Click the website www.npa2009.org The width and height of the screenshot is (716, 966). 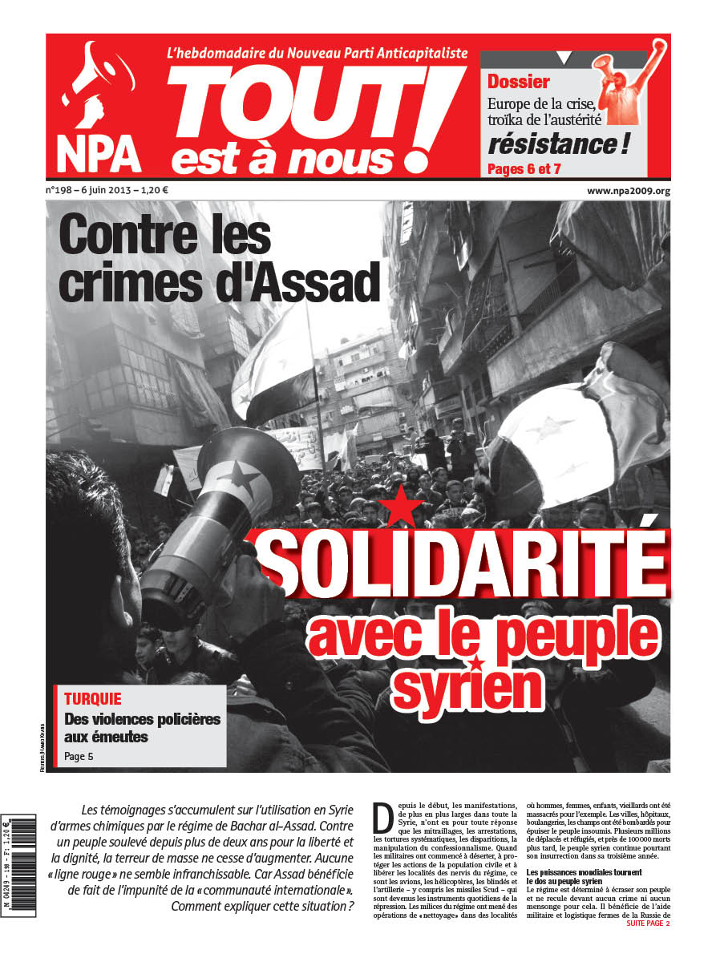pyautogui.click(x=628, y=191)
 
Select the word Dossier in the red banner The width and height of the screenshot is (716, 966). pyautogui.click(x=519, y=81)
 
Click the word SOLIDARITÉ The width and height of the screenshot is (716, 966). pyautogui.click(x=463, y=560)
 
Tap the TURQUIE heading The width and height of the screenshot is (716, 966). pyautogui.click(x=92, y=699)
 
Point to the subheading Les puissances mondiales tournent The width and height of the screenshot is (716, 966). pyautogui.click(x=589, y=871)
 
